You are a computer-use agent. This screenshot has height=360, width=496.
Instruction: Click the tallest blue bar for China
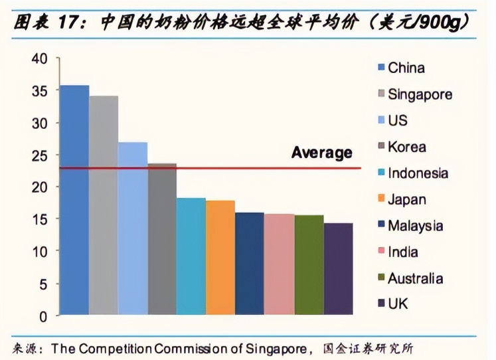click(x=74, y=199)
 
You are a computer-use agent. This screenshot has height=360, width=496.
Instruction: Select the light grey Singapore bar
click(x=104, y=206)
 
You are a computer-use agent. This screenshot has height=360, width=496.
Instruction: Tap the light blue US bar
click(x=133, y=229)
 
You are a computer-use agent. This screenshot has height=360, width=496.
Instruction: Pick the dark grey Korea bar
click(x=162, y=239)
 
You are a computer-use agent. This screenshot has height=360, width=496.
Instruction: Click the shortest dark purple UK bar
click(x=338, y=269)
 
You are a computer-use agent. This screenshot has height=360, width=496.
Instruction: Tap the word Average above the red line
click(x=321, y=153)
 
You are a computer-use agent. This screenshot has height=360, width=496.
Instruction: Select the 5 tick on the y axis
click(x=44, y=284)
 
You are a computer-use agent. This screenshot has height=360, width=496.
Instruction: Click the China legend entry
click(x=406, y=68)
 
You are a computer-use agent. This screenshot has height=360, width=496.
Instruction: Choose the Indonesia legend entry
click(x=418, y=173)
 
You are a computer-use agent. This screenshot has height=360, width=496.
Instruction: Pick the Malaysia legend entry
click(x=415, y=226)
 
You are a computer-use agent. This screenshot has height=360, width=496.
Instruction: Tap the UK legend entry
click(x=398, y=305)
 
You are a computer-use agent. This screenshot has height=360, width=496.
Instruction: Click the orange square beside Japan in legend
click(x=381, y=200)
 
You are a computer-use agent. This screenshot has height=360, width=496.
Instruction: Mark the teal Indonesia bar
click(x=191, y=256)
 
